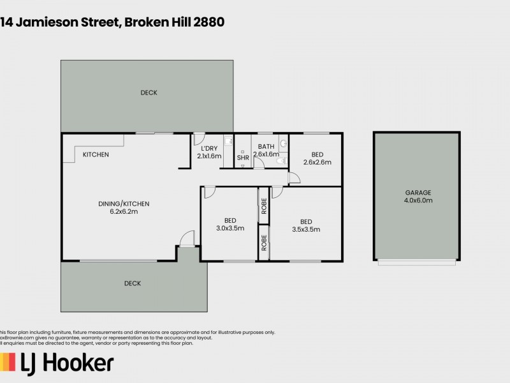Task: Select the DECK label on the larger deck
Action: (149, 93)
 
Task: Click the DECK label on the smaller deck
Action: (133, 283)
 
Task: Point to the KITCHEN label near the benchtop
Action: (96, 155)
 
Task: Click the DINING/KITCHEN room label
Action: (124, 204)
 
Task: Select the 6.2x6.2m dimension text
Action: (124, 212)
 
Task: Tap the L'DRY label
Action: (208, 147)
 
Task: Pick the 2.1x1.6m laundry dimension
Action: (209, 156)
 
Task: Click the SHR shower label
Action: (243, 158)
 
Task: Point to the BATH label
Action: (266, 146)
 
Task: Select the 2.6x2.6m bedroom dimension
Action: (317, 163)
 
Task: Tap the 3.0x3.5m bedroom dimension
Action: (230, 228)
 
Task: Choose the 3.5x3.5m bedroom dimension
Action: (306, 230)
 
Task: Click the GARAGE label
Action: (418, 192)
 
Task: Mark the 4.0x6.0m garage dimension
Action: (418, 200)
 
